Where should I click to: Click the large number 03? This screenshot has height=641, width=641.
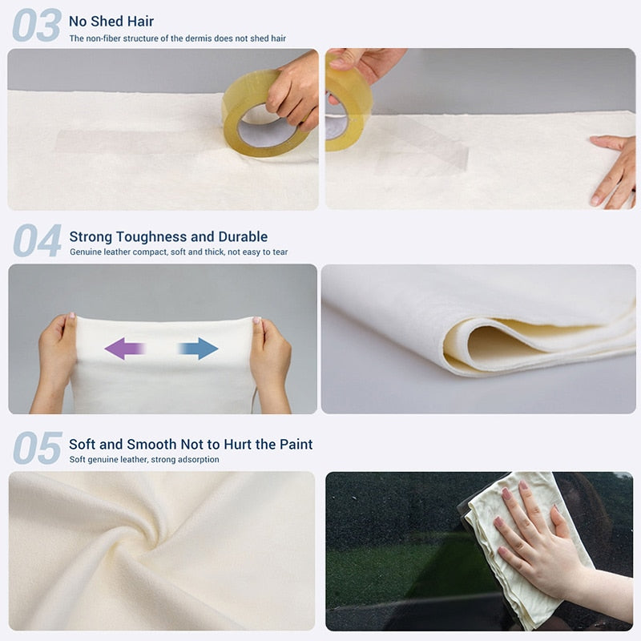coord(36,26)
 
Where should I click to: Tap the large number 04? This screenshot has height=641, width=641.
coord(37,241)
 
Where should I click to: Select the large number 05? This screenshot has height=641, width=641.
coord(37,448)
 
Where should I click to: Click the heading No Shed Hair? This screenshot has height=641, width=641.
coord(111,21)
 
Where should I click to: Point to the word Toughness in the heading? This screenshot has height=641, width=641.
coord(165,236)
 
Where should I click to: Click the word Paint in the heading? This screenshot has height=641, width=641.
coord(292,444)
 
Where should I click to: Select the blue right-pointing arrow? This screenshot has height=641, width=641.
coord(198,348)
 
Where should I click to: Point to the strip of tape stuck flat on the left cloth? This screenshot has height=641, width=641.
coord(120,143)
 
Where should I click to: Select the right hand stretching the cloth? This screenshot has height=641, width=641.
coord(271,357)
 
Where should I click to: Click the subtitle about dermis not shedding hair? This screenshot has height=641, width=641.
coord(177,38)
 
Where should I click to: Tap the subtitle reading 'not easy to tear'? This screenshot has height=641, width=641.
coord(179,252)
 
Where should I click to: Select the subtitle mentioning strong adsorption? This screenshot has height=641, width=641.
coord(143,459)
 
